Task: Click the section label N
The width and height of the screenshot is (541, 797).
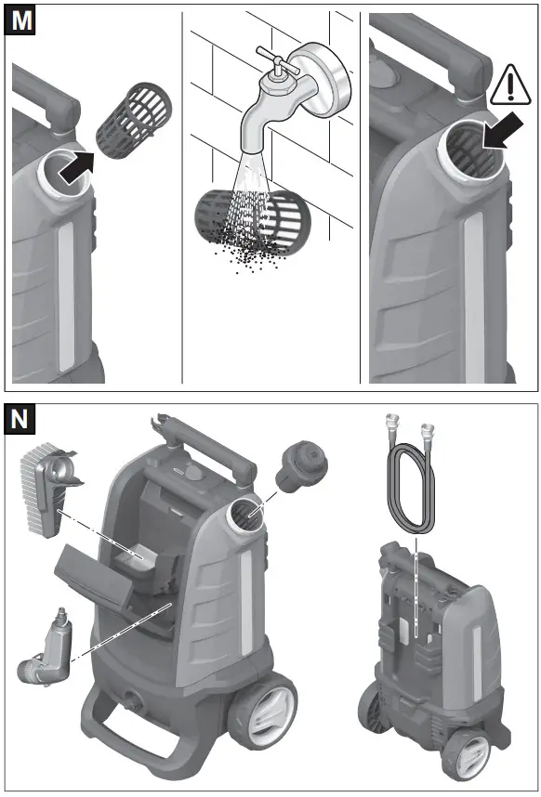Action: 22,418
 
